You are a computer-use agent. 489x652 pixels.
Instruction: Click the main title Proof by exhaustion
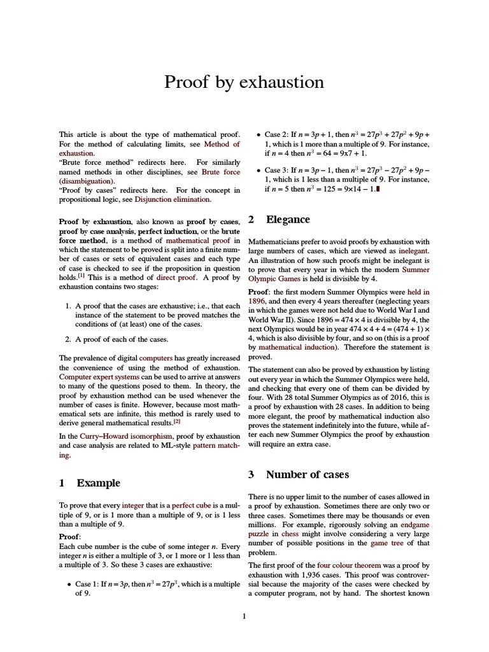(244, 82)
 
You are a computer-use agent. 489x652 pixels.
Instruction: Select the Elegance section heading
(288, 220)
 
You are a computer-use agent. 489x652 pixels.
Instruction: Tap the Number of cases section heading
(303, 474)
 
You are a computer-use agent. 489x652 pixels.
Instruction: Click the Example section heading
(98, 483)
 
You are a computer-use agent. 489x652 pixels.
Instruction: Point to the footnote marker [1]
(81, 276)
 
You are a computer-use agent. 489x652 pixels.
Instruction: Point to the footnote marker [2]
(177, 421)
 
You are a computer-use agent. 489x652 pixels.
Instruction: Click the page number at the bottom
(244, 615)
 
